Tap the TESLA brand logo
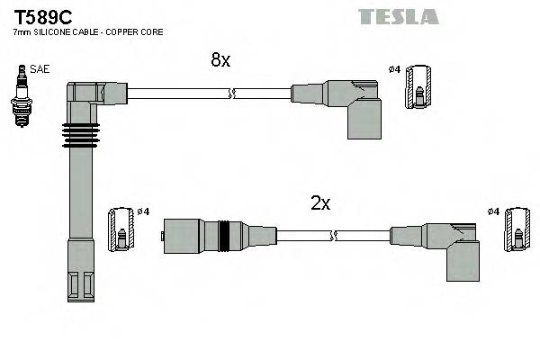(x=398, y=16)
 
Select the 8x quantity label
(x=220, y=60)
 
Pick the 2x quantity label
(x=320, y=203)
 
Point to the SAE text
(x=40, y=68)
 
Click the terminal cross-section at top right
(x=418, y=88)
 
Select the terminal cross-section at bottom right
(x=517, y=231)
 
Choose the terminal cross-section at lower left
(x=120, y=230)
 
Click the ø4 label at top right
(x=393, y=69)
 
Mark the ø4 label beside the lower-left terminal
(x=142, y=211)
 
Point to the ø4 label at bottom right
(x=492, y=211)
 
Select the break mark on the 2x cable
(x=334, y=235)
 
